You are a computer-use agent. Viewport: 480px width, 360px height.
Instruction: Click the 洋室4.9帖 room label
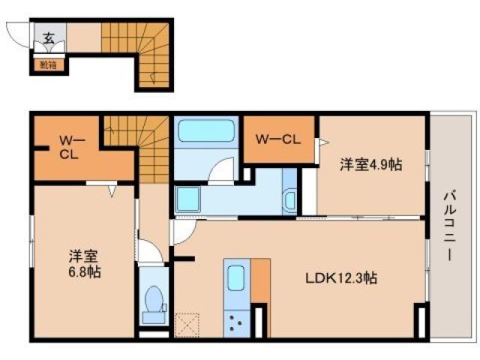tap(370, 165)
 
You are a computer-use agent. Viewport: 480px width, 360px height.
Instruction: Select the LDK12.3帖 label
tap(340, 277)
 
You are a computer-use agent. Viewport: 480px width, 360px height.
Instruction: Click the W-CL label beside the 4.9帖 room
tap(278, 139)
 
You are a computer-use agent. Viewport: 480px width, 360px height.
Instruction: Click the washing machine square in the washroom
tap(187, 199)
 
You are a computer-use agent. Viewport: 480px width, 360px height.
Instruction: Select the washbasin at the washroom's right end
tap(289, 199)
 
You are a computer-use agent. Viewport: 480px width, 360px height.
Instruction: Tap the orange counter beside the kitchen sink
tap(260, 280)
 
